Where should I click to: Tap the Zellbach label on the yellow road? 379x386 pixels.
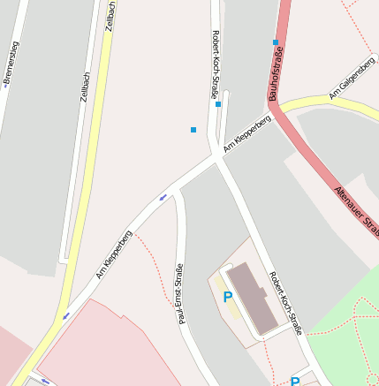pos(110,17)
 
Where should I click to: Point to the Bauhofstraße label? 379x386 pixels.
pos(274,76)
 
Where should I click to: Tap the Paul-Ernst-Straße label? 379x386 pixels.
pos(180,294)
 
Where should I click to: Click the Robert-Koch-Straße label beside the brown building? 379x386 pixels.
pos(285,303)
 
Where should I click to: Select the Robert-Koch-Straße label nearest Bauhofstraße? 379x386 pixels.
pos(216,64)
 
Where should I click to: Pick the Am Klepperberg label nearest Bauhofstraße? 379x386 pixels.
pos(246,132)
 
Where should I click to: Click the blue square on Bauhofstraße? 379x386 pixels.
pos(276,42)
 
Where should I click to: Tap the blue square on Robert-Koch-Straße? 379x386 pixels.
pos(218,104)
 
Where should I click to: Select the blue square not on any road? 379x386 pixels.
pos(193,130)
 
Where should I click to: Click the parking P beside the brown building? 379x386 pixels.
pos(228,298)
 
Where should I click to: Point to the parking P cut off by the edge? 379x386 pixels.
pos(295,382)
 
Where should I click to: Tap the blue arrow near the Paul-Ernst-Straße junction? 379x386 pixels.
pos(163,197)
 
